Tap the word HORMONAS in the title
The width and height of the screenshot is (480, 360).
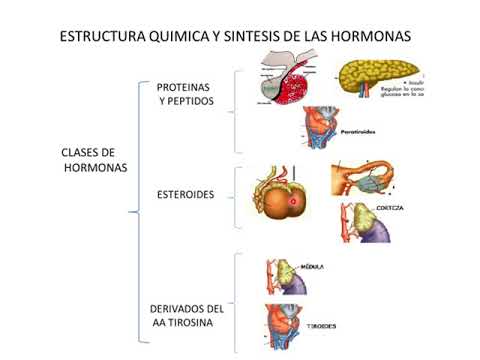click(371, 37)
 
